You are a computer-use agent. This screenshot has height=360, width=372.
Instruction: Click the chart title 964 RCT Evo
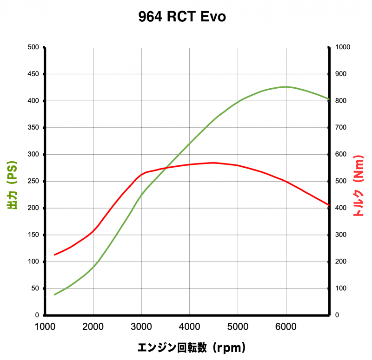pyautogui.click(x=182, y=17)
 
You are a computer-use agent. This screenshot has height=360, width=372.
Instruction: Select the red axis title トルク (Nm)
pyautogui.click(x=358, y=186)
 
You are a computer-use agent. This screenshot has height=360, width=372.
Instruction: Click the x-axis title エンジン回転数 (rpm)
pyautogui.click(x=191, y=347)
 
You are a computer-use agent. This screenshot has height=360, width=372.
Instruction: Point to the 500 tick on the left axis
pyautogui.click(x=33, y=47)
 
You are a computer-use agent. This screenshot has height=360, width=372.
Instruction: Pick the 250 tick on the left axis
pyautogui.click(x=33, y=181)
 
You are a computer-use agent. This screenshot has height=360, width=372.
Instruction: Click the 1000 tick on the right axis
pyautogui.click(x=344, y=47)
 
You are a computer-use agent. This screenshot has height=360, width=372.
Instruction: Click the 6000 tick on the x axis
pyautogui.click(x=286, y=326)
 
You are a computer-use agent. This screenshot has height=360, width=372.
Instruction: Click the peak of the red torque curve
pyautogui.click(x=213, y=163)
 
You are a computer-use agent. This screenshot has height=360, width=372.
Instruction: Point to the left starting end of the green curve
pyautogui.click(x=55, y=295)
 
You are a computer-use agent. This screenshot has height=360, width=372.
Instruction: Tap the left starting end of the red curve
pyautogui.click(x=55, y=255)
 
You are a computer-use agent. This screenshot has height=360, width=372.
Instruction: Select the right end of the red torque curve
pyautogui.click(x=329, y=205)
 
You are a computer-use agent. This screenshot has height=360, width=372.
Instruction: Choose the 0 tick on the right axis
pyautogui.click(x=337, y=315)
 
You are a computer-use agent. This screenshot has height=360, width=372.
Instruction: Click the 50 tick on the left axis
pyautogui.click(x=35, y=288)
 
